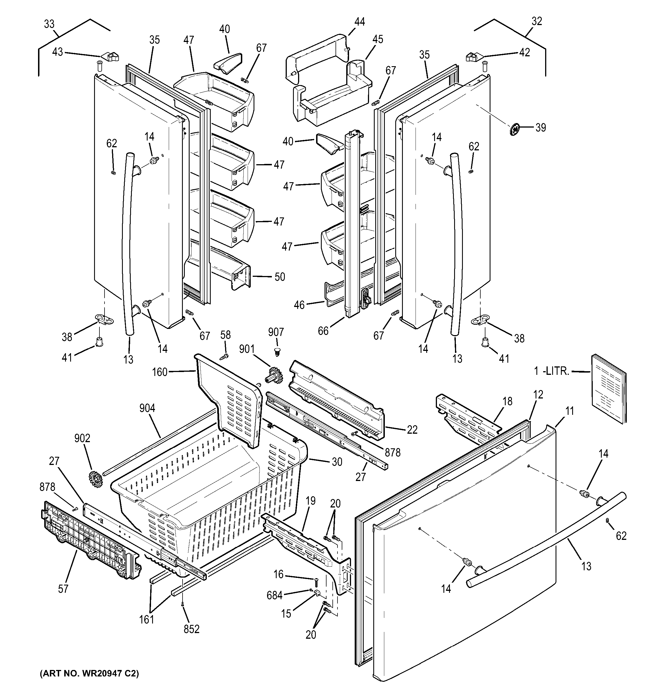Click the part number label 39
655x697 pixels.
pos(540,128)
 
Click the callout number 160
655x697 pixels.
pos(159,372)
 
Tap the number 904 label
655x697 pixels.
pos(147,408)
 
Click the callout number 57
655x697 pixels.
pos(63,589)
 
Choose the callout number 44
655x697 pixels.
pos(359,22)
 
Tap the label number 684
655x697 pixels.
pos(275,595)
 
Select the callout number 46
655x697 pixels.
pos(299,305)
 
